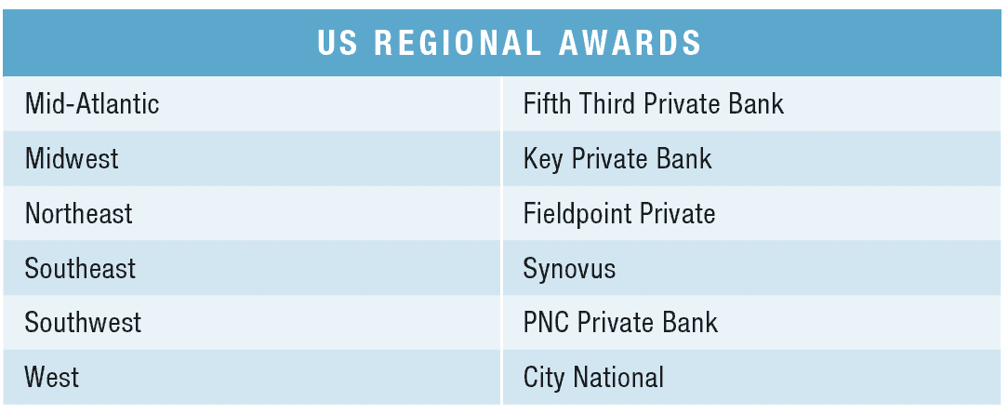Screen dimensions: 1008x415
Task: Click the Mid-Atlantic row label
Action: (92, 103)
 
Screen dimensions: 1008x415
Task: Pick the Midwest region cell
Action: (72, 158)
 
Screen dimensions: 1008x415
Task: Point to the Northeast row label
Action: (78, 213)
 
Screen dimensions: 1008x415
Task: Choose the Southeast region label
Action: (80, 268)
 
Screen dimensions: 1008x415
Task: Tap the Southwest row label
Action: (83, 322)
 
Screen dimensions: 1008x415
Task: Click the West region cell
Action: (52, 377)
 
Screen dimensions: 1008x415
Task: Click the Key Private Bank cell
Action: (617, 159)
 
